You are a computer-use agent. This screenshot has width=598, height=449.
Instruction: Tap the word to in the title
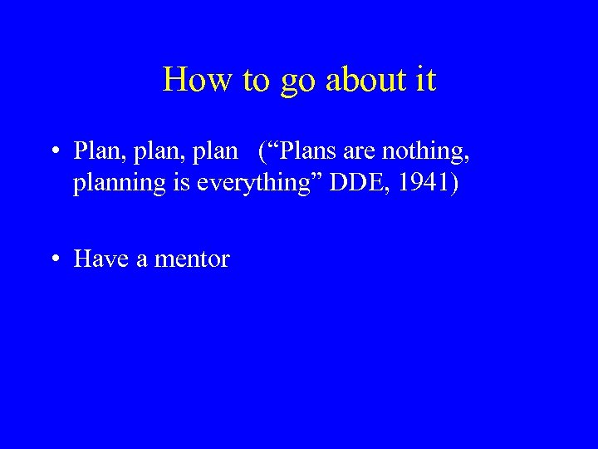tap(256, 80)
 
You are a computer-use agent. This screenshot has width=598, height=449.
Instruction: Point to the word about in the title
tap(364, 80)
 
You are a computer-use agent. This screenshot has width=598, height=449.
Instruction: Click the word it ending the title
tap(424, 80)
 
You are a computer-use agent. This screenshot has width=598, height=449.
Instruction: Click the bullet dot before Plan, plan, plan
tap(54, 151)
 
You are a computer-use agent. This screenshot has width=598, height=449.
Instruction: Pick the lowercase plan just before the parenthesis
tap(215, 153)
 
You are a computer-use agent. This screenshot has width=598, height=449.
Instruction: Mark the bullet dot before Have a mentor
tap(54, 259)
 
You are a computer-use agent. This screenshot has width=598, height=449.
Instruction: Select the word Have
tap(101, 259)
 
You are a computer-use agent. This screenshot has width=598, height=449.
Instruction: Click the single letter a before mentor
tap(142, 259)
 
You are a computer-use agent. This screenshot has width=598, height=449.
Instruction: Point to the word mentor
tap(192, 259)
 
